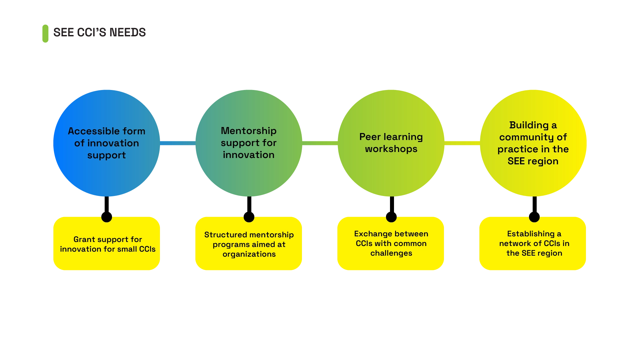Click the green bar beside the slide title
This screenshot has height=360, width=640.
pyautogui.click(x=45, y=33)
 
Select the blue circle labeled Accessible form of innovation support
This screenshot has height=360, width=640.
pyautogui.click(x=107, y=143)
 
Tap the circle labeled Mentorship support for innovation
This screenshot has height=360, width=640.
pyautogui.click(x=249, y=143)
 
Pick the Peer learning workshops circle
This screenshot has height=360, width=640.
pyautogui.click(x=391, y=143)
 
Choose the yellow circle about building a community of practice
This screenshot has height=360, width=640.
pyautogui.click(x=533, y=143)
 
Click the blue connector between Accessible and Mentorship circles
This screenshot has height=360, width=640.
pyautogui.click(x=178, y=143)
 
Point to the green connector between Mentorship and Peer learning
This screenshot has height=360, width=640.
pyautogui.click(x=320, y=143)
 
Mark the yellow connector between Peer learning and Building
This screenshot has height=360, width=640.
pyautogui.click(x=462, y=143)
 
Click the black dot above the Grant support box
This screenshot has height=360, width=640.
pyautogui.click(x=107, y=217)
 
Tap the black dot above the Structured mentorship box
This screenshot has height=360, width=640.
pyautogui.click(x=249, y=217)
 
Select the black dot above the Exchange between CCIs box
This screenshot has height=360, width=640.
pyautogui.click(x=391, y=217)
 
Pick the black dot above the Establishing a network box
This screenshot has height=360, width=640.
pyautogui.click(x=534, y=217)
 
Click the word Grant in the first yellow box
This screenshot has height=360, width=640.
pyautogui.click(x=83, y=239)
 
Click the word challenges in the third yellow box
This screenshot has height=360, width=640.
pyautogui.click(x=391, y=253)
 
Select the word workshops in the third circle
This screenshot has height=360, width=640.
pyautogui.click(x=391, y=149)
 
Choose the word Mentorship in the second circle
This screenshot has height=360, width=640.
pyautogui.click(x=249, y=131)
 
